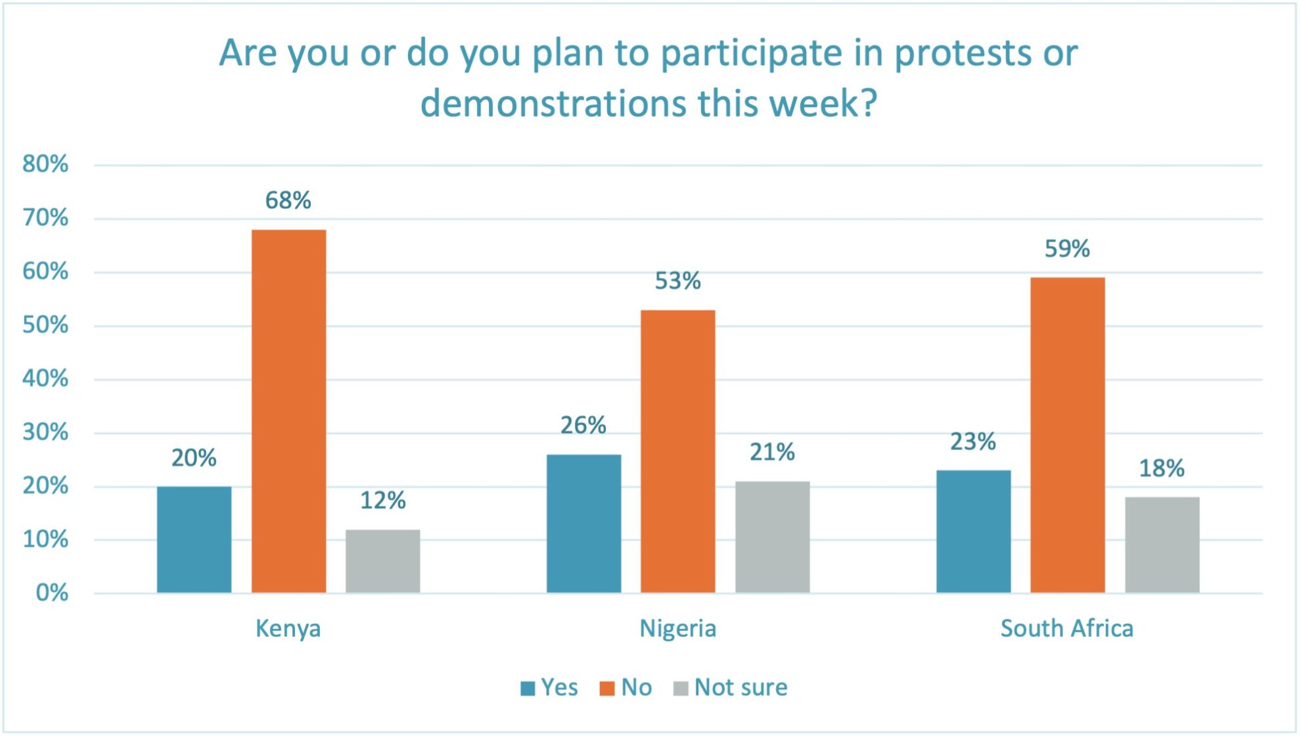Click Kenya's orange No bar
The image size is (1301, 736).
tap(288, 411)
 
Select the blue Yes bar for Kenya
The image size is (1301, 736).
tap(194, 540)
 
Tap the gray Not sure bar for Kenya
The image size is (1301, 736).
tap(382, 561)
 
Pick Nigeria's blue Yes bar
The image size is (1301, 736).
tap(583, 524)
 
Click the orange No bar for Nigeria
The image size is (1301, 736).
tap(677, 451)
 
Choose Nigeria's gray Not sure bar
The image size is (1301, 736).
tap(772, 537)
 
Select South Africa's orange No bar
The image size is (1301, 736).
tap(1067, 435)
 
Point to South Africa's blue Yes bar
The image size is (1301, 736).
tap(973, 532)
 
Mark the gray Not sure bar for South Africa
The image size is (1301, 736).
tap(1162, 545)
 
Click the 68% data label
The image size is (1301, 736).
tap(288, 200)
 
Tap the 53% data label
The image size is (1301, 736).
tap(677, 281)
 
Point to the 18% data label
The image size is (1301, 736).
tap(1161, 469)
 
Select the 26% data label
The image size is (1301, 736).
tap(583, 426)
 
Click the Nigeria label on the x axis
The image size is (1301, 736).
tap(677, 629)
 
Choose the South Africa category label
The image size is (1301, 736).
tap(1066, 629)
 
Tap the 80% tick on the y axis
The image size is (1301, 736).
tap(45, 164)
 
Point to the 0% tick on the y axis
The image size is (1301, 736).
tap(52, 593)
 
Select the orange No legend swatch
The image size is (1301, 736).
tap(607, 688)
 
